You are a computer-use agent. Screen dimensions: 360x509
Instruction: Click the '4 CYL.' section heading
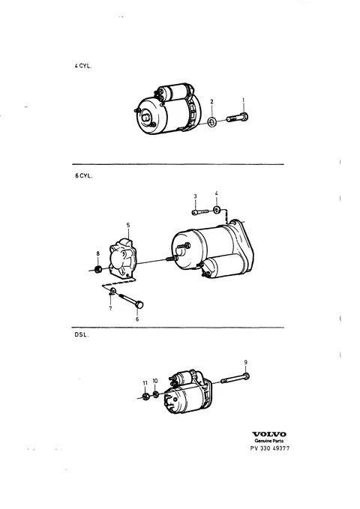click(x=82, y=66)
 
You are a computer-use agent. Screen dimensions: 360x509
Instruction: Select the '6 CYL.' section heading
click(x=83, y=176)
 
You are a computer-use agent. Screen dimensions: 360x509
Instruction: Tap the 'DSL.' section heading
click(x=82, y=335)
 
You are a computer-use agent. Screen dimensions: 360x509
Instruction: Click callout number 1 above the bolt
click(x=243, y=100)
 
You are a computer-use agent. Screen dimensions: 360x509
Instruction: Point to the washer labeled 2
click(x=212, y=122)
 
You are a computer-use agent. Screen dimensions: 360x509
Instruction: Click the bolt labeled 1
click(x=238, y=117)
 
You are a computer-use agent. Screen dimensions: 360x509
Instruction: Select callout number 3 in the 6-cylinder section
click(x=195, y=196)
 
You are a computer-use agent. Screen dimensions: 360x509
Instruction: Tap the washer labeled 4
click(x=217, y=210)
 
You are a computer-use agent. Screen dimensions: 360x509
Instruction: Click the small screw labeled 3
click(x=199, y=211)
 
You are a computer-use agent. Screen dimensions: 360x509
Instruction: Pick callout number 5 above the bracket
click(x=128, y=225)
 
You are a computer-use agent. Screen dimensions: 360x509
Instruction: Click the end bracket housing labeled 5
click(x=123, y=258)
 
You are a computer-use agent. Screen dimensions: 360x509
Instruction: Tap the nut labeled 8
click(x=97, y=269)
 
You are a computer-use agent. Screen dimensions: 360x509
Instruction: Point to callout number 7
click(x=110, y=308)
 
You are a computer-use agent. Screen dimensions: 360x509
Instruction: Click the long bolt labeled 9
click(x=235, y=379)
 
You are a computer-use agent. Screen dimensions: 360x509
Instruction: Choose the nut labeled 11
click(x=145, y=397)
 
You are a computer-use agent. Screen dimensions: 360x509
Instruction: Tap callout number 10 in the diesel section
click(x=155, y=381)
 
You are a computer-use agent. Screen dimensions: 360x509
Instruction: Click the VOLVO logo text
click(x=269, y=434)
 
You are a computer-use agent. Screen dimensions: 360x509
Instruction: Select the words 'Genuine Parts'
click(x=269, y=441)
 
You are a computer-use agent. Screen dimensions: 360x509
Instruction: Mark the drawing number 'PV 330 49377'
click(x=270, y=448)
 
